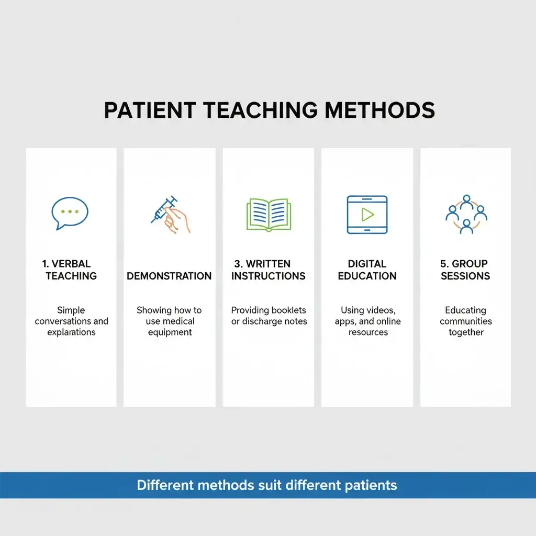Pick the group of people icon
click(x=466, y=214)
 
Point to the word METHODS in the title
click(x=379, y=110)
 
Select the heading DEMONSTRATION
click(x=169, y=276)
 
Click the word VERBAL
click(x=71, y=264)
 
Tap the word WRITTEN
click(x=275, y=264)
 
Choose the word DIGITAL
click(x=367, y=264)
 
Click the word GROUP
click(x=470, y=264)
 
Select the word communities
click(x=466, y=321)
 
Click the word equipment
click(x=170, y=332)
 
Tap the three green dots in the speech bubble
click(x=70, y=211)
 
